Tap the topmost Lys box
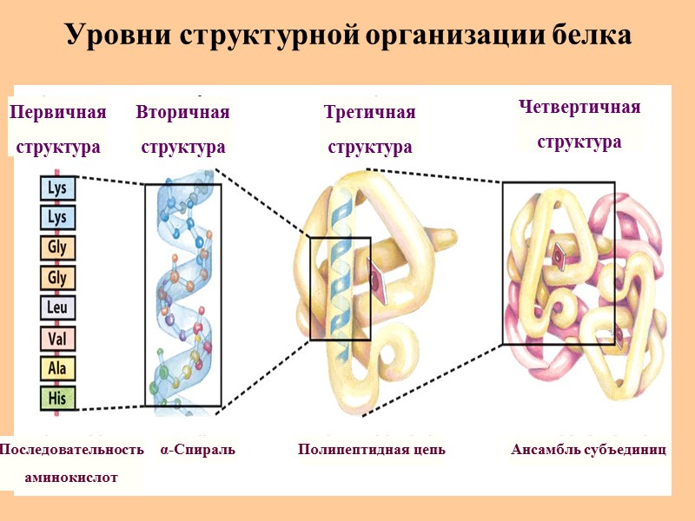[x=57, y=187]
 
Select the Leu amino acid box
[x=57, y=307]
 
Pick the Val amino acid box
[x=57, y=338]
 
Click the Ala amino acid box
[x=57, y=368]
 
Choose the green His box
[x=57, y=399]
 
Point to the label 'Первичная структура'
[x=57, y=130]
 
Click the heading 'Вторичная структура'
[x=183, y=130]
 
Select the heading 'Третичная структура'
[x=369, y=130]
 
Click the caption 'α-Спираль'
[x=197, y=450]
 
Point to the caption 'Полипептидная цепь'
[x=372, y=450]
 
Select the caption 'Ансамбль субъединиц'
[x=588, y=450]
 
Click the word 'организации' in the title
[x=460, y=36]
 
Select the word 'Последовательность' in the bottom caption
[x=71, y=450]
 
